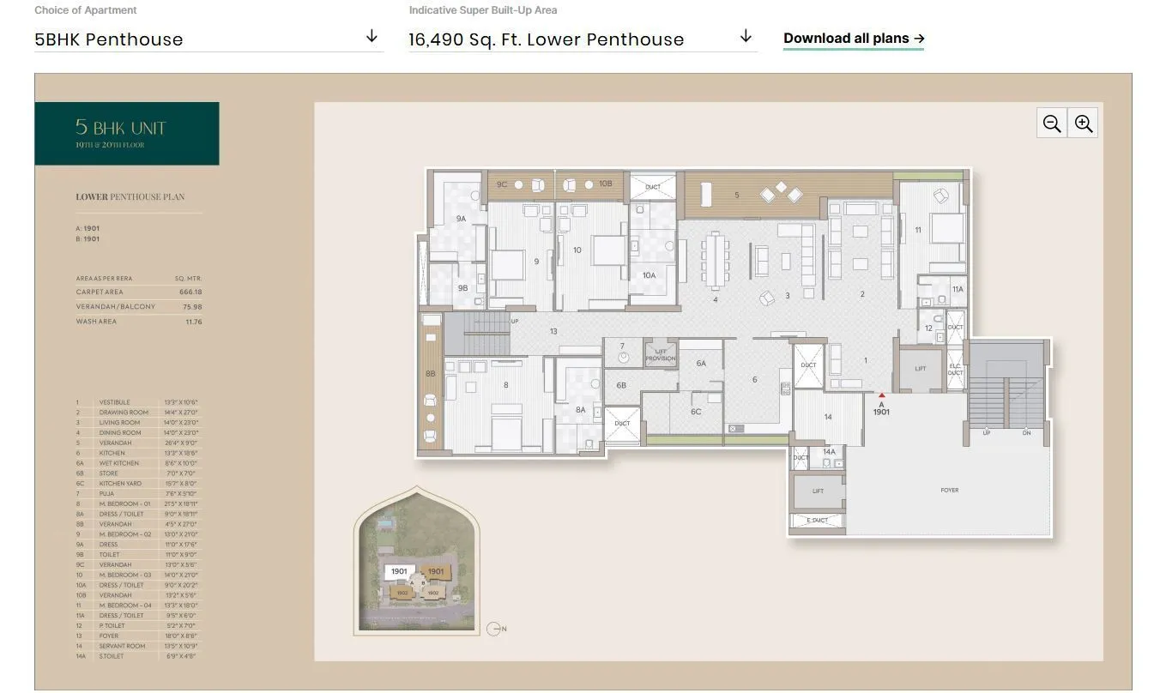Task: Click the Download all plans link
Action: [x=853, y=39]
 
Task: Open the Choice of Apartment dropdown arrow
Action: [x=372, y=37]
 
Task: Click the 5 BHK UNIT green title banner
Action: [x=127, y=133]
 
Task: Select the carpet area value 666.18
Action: [x=190, y=292]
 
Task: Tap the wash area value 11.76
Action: [x=193, y=322]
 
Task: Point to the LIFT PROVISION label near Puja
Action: [x=660, y=355]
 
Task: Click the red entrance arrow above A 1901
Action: [x=881, y=395]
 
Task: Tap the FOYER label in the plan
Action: [x=949, y=490]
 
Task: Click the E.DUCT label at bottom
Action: [x=817, y=521]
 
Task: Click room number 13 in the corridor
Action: [x=553, y=331]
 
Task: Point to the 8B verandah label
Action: [x=430, y=374]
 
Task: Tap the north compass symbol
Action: [x=493, y=629]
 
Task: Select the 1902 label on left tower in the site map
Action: [x=402, y=592]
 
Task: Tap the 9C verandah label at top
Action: [x=502, y=184]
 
